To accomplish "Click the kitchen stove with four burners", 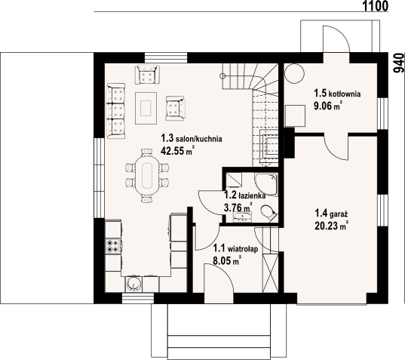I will click(112, 245).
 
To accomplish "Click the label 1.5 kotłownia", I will click(337, 94).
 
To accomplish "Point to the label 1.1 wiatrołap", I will click(236, 248).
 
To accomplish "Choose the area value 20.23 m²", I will click(330, 225).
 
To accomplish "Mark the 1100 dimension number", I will click(373, 6).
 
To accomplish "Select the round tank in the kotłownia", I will click(294, 73).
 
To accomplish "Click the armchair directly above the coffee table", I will click(146, 75).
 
